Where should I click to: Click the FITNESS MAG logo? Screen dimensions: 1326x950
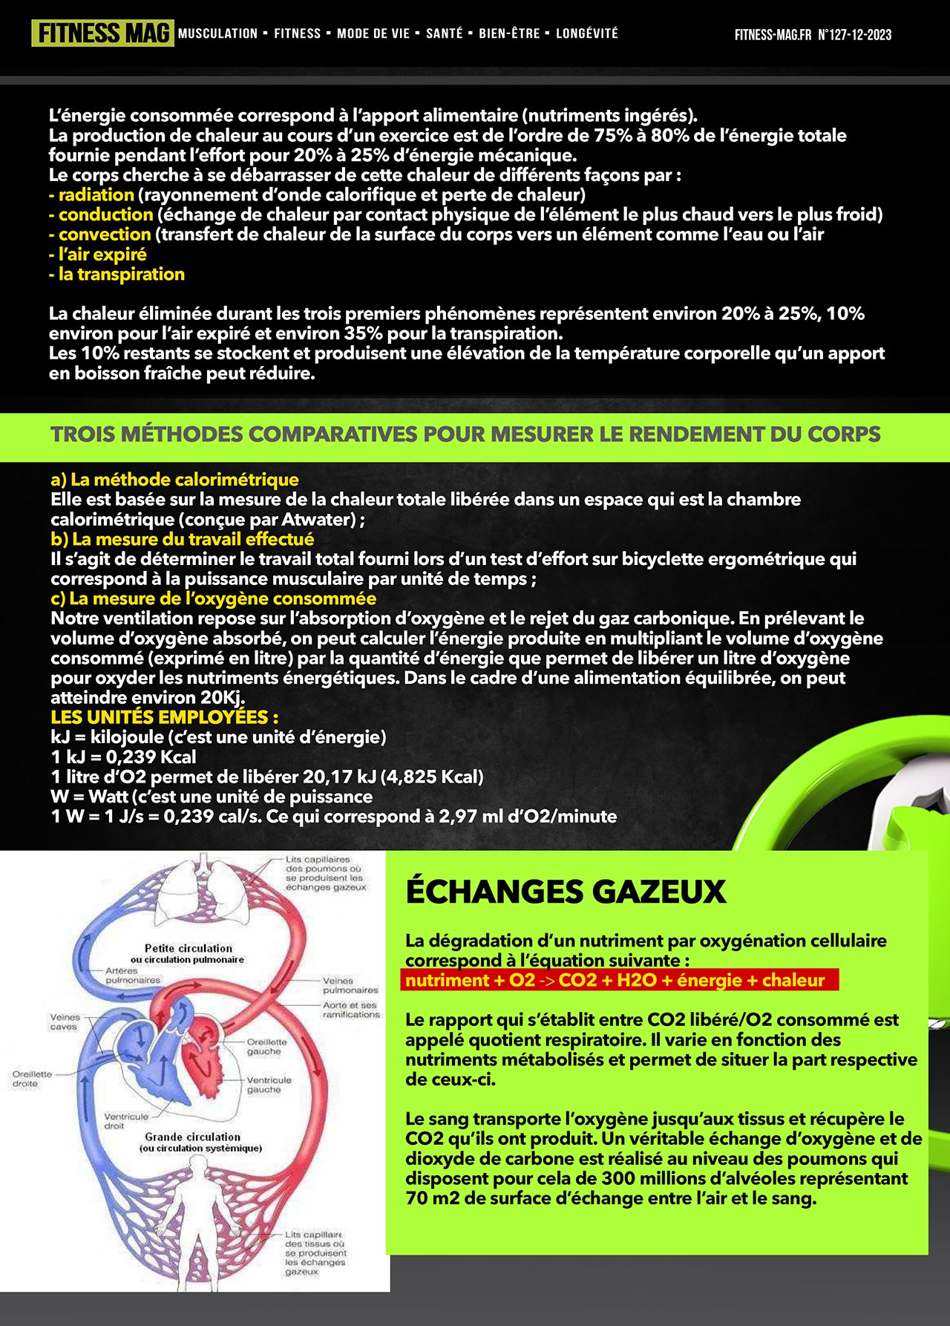(x=102, y=33)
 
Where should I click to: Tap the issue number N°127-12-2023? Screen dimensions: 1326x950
(x=854, y=35)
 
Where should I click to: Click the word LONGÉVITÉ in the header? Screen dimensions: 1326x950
(x=586, y=33)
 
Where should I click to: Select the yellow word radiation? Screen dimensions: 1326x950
(x=96, y=195)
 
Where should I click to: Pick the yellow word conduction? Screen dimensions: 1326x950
(x=105, y=215)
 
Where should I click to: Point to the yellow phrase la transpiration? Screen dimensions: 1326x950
(x=121, y=274)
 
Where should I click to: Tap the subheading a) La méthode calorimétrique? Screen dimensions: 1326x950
(x=174, y=480)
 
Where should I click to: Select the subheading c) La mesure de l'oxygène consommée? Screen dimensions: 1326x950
(x=213, y=598)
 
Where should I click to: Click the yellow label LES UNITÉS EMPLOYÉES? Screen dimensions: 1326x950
(x=164, y=717)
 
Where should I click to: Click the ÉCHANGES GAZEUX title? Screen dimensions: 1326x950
(x=566, y=891)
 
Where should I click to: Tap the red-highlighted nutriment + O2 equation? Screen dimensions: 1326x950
(x=615, y=980)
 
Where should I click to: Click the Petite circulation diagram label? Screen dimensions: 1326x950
(x=189, y=948)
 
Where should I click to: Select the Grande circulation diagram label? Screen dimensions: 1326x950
(x=193, y=1137)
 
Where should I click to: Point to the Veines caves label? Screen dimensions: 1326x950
(x=65, y=1022)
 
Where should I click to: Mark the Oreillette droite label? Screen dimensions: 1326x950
(x=32, y=1078)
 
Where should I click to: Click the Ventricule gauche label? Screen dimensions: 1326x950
(x=269, y=1085)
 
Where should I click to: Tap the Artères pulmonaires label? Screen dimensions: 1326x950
(x=132, y=975)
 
